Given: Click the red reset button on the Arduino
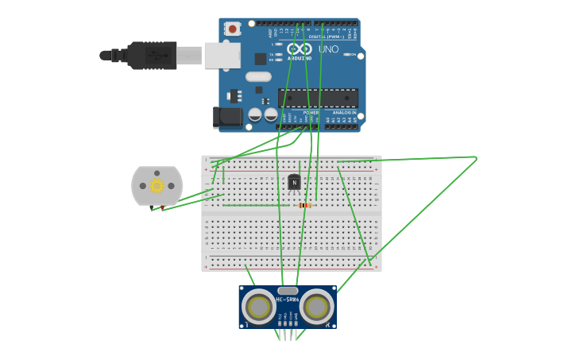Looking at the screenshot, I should click(233, 29).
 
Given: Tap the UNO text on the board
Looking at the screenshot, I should click(328, 49).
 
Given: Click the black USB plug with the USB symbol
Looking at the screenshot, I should click(151, 55).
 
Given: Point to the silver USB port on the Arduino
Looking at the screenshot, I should click(222, 55).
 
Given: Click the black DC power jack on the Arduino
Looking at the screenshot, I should click(228, 118).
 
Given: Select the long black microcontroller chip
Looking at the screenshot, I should click(318, 98).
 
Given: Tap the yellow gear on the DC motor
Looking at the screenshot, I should click(157, 185).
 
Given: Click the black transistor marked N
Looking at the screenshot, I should click(294, 183).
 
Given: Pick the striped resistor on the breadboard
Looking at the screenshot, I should click(304, 205).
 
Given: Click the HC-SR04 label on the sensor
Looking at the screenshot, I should click(287, 300).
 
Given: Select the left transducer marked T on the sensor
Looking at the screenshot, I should click(258, 307).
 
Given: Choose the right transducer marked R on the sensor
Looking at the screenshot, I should click(316, 307).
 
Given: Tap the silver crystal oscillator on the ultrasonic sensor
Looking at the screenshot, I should click(287, 291).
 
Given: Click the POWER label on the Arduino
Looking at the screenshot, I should click(311, 113).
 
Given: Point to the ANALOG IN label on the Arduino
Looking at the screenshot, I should click(344, 113).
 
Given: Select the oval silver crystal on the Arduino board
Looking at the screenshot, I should click(258, 77).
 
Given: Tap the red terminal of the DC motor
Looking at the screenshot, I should click(163, 208).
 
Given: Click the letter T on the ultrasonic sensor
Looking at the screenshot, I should click(247, 324).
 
